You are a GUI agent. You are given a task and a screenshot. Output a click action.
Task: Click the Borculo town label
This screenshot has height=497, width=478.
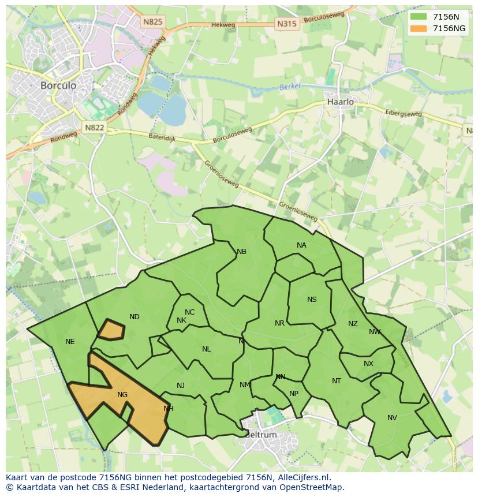coord(58,85)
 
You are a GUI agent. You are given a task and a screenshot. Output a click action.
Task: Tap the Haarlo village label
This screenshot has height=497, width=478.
coord(340,102)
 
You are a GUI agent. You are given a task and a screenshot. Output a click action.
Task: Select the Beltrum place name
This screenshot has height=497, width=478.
coord(261,435)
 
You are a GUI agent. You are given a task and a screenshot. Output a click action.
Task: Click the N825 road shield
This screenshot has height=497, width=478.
coord(153,22)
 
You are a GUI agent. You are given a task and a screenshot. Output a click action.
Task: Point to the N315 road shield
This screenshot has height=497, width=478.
coord(286,24)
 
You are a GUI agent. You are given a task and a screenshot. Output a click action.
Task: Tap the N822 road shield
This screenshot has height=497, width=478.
coord(94,128)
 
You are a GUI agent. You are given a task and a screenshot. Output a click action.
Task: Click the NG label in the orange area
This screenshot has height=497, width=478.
coord(122,395)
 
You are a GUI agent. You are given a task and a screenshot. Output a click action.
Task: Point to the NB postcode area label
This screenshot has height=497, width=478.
coord(241,252)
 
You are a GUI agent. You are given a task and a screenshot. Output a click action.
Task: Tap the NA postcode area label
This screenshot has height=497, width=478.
coord(301,245)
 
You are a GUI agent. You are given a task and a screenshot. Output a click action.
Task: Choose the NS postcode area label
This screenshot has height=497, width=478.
coord(312,300)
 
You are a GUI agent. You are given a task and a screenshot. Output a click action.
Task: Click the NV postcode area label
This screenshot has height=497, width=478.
coord(392,418)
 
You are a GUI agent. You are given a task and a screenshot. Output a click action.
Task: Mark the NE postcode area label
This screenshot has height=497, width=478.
coord(70,342)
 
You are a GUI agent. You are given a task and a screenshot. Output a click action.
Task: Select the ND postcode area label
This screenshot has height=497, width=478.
coord(135,317)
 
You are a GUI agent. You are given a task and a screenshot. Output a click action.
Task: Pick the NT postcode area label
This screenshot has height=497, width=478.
coord(337,381)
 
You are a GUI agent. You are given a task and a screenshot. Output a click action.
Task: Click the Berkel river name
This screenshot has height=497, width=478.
coord(290,87)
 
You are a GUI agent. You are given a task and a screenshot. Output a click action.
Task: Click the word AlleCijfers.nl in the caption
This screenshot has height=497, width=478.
coord(303,477)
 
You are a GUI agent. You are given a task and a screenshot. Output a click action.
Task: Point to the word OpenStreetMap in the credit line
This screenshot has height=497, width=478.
coord(312,487)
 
